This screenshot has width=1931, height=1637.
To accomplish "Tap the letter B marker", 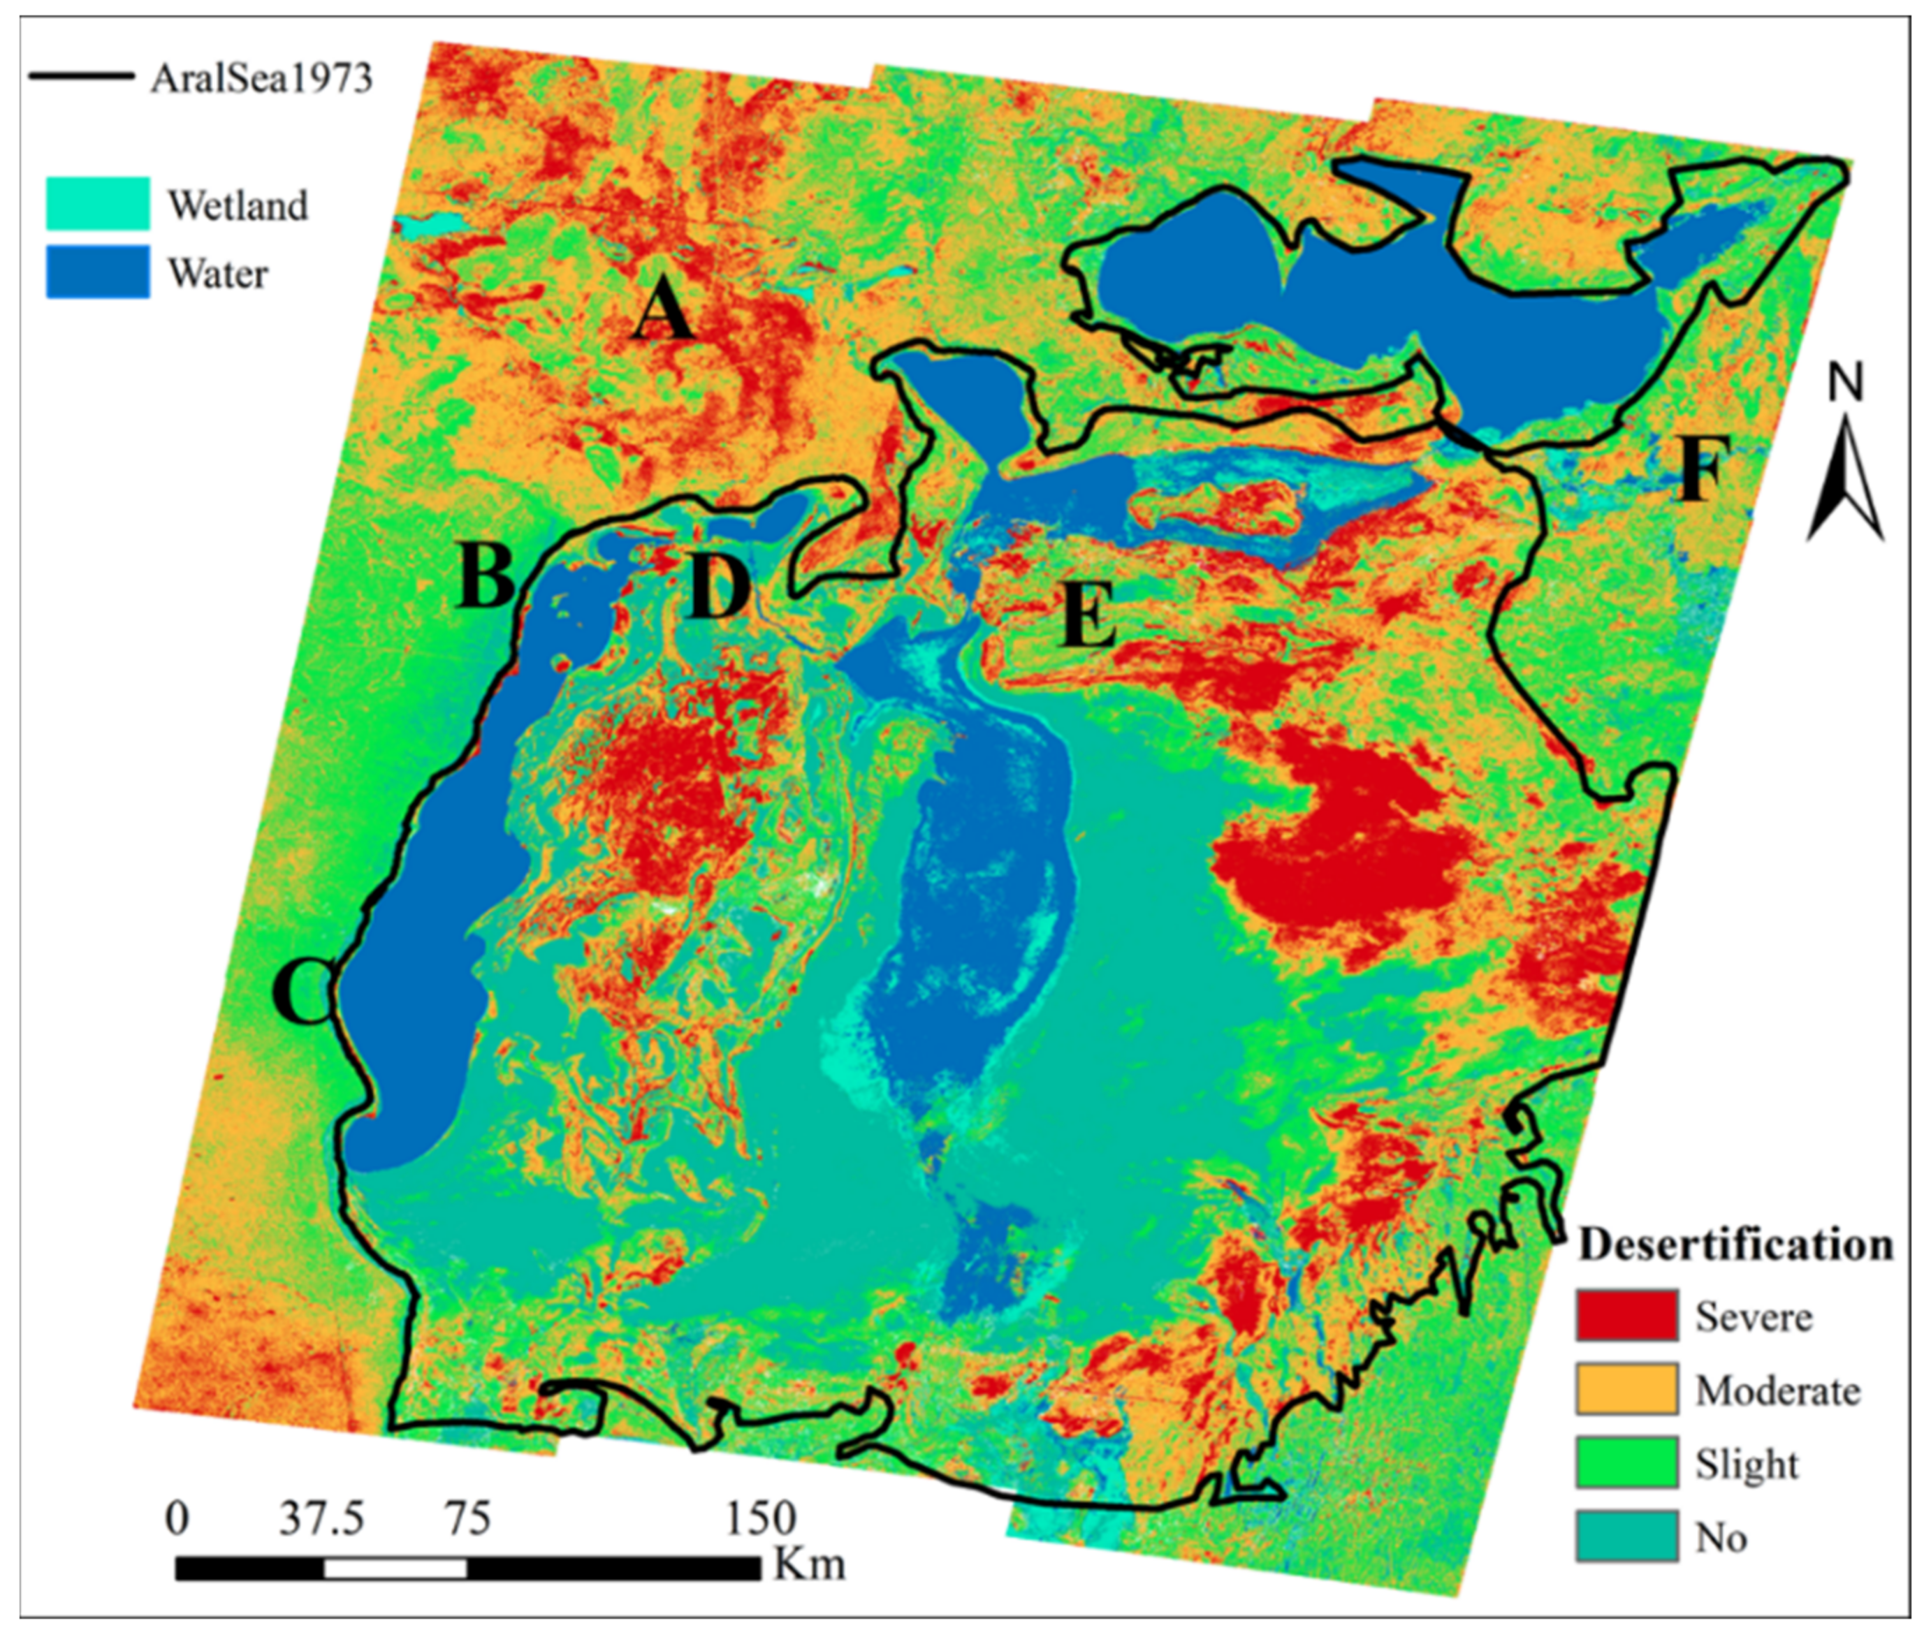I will [485, 575].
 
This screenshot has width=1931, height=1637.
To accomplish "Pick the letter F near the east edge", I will [1700, 469].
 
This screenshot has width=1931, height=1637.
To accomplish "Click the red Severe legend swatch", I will [1626, 1315].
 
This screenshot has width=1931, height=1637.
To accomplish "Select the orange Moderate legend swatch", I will [1626, 1388].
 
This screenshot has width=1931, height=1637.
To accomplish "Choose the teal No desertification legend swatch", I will [1626, 1535].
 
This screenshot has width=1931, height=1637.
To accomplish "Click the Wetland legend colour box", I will [98, 203].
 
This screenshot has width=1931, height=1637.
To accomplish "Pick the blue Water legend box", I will [98, 272].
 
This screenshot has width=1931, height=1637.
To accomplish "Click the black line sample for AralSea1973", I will [82, 76].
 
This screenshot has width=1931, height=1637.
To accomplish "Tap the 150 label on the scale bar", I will [760, 1519].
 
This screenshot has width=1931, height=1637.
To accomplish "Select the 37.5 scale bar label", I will [321, 1519].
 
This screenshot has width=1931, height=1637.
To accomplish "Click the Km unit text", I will [810, 1564].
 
